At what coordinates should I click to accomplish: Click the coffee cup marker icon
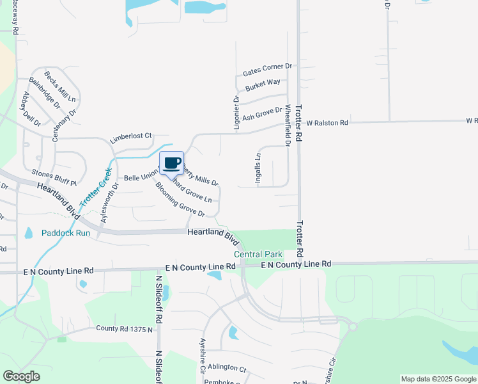tap(171, 163)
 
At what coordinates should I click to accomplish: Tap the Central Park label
tap(258, 255)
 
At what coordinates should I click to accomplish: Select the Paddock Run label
tap(66, 234)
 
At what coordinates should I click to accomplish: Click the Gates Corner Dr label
tap(267, 67)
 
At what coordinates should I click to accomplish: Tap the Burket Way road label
tap(263, 83)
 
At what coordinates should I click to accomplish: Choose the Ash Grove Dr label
tap(262, 114)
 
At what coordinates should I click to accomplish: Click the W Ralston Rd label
tap(327, 122)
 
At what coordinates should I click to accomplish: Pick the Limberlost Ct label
tap(130, 136)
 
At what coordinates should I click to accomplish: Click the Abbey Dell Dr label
tap(31, 109)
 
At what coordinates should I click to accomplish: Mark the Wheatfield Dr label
tap(288, 125)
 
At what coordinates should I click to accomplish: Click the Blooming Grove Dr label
tap(180, 200)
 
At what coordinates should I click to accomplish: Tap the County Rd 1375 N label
tap(124, 328)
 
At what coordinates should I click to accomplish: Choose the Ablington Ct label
tap(226, 368)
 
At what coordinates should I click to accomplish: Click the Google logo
tap(22, 376)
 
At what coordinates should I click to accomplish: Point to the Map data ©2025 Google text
tap(438, 379)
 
